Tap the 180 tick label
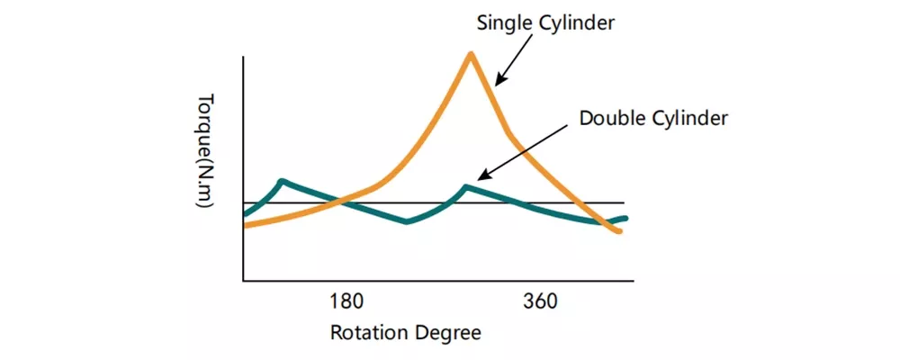click(345, 301)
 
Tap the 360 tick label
click(540, 301)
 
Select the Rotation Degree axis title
click(405, 332)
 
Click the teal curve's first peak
click(283, 181)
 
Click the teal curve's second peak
click(465, 187)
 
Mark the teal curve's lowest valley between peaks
click(408, 221)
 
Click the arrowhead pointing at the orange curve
click(497, 83)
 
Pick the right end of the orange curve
click(620, 232)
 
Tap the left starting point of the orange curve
click(245, 225)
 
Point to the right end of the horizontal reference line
click(624, 203)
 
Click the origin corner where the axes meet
click(243, 282)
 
